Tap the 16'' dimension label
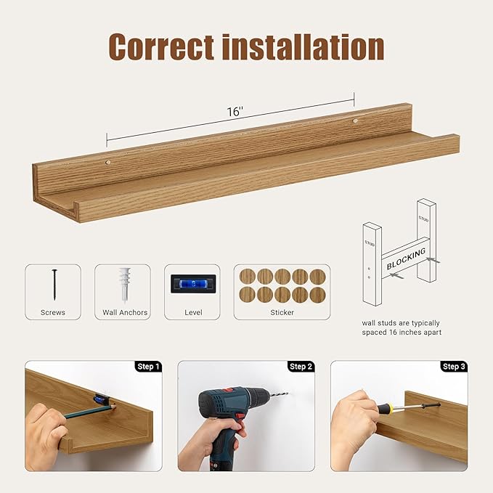tap(234, 112)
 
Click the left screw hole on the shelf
tap(107, 163)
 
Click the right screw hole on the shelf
tap(355, 120)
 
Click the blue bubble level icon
tap(192, 283)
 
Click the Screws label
tap(53, 312)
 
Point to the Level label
tap(192, 312)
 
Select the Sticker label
tap(282, 312)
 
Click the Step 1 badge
tap(148, 367)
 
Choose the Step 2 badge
tap(301, 367)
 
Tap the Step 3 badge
tap(453, 367)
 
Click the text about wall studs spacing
tap(402, 327)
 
